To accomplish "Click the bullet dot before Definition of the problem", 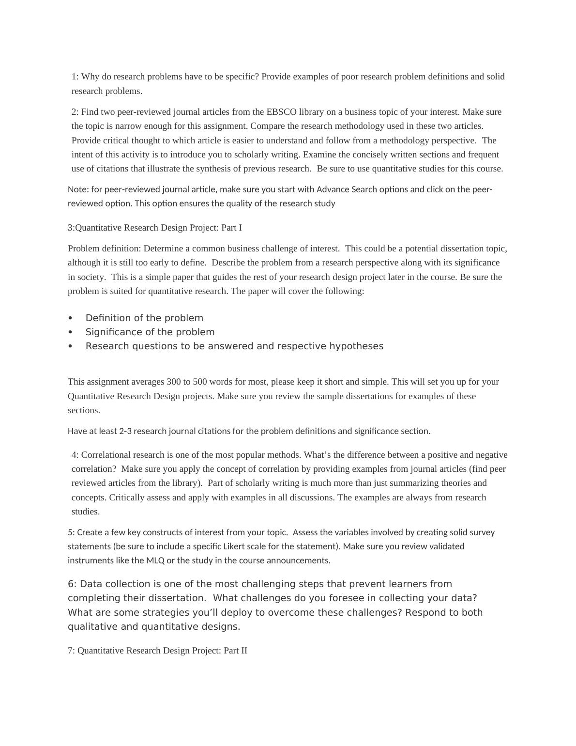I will click(x=71, y=318).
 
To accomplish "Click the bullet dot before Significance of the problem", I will click(x=71, y=332).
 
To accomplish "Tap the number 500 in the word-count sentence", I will click(x=200, y=382).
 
